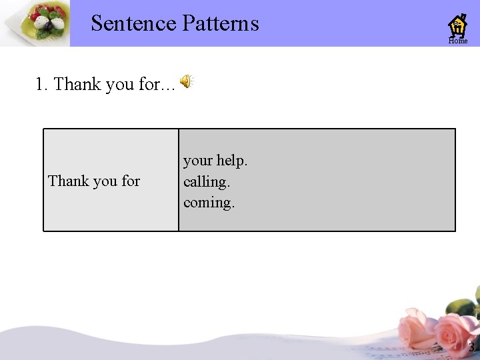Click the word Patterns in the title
pos(219,23)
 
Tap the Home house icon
pos(457,25)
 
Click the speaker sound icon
pos(187,81)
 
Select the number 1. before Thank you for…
pos(41,85)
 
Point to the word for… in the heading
pos(157,85)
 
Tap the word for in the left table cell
pos(131,181)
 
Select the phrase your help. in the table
pos(215,161)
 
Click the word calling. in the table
pos(207,181)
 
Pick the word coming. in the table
pos(209,202)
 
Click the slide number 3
pos(471,347)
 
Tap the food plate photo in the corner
pos(35,23)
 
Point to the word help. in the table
pos(232,161)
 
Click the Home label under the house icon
pos(458,41)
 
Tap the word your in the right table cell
pos(197,161)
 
